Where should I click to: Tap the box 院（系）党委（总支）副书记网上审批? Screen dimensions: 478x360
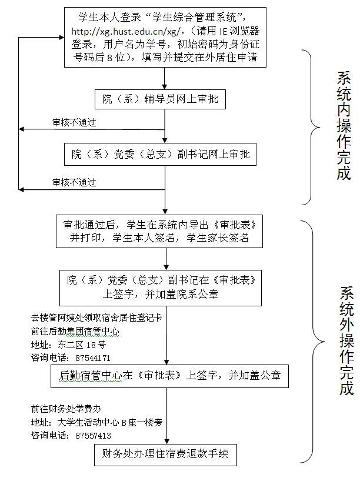[x=164, y=155]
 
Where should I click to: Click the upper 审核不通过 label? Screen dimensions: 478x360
[x=74, y=123]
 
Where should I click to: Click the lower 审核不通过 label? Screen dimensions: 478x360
[x=74, y=183]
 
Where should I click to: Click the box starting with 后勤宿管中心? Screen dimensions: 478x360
[x=170, y=375]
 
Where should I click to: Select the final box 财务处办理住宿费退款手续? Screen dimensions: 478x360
[x=165, y=454]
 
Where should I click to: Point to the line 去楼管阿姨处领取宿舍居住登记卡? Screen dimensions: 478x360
[x=88, y=318]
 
